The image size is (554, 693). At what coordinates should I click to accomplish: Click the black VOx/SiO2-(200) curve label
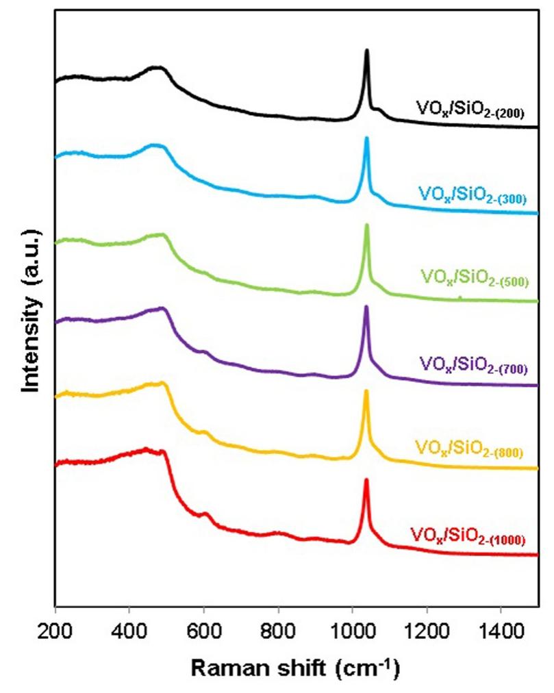[x=470, y=109]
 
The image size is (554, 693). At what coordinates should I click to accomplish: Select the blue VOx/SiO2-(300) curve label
[x=470, y=196]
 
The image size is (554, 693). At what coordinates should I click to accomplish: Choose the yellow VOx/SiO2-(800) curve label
[x=469, y=449]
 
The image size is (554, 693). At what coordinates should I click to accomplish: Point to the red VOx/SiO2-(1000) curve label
[x=468, y=535]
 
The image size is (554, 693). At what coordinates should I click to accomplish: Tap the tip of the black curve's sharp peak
[x=367, y=50]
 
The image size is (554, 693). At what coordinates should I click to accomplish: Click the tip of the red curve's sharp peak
[x=366, y=480]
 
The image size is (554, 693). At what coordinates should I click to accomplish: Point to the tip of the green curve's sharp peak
[x=367, y=225]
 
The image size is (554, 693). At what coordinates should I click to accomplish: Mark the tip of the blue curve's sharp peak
[x=367, y=138]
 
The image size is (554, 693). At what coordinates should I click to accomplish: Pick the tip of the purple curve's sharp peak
[x=366, y=307]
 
